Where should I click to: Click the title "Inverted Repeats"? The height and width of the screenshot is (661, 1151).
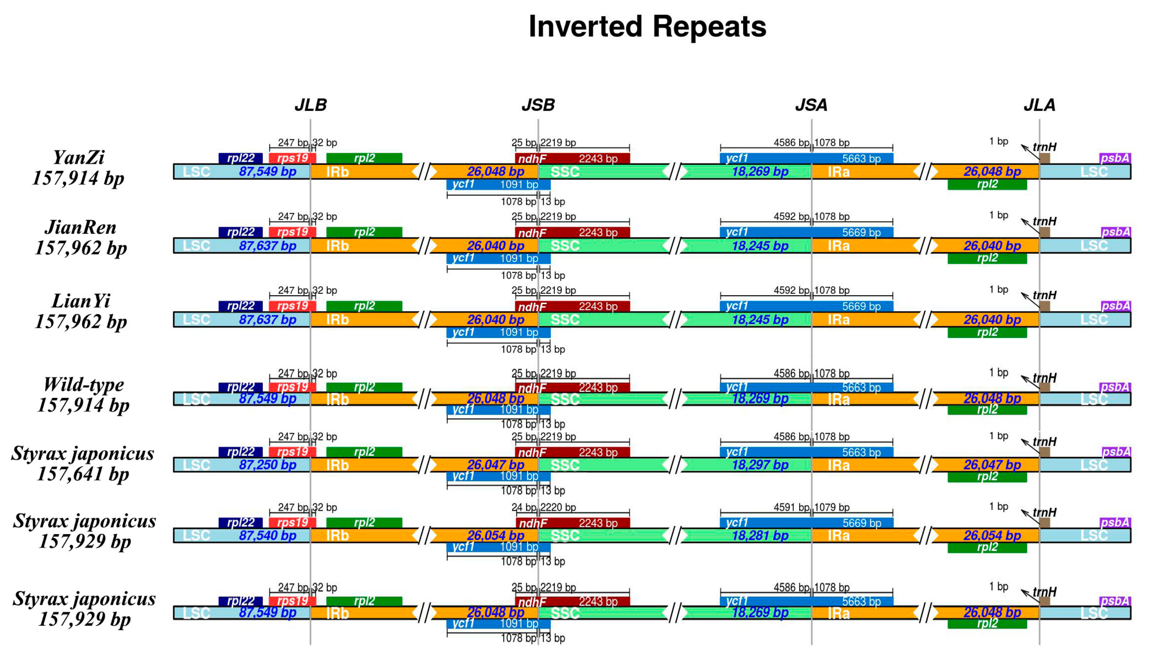pos(647,27)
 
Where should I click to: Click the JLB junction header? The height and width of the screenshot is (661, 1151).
pos(310,105)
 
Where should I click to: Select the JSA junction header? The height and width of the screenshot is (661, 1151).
pos(811,105)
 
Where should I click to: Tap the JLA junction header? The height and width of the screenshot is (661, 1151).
pos(1039,105)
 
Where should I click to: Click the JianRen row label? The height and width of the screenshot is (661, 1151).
pos(80,227)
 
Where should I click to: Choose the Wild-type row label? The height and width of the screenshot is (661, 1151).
pos(83,385)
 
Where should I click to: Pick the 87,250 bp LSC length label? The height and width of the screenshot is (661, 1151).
pos(268,465)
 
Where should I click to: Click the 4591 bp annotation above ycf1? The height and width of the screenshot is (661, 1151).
pos(791,507)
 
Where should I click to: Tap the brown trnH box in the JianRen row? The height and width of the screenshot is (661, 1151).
pos(1044,232)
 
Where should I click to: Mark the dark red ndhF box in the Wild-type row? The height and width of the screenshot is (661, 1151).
pos(572,388)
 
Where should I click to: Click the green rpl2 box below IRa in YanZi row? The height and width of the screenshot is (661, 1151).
pos(987,184)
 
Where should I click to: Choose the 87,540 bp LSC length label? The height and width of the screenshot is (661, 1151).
pos(268,535)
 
